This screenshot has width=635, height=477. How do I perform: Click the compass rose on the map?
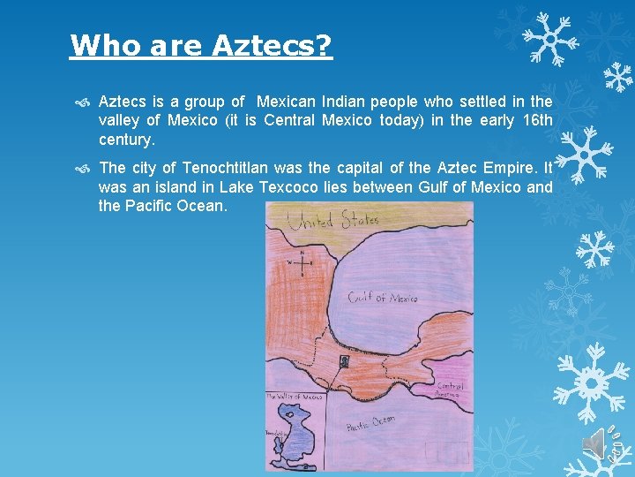click(302, 263)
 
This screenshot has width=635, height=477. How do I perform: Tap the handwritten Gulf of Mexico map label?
click(382, 298)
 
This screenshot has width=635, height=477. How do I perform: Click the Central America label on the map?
click(450, 390)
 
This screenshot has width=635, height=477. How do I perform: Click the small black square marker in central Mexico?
click(345, 361)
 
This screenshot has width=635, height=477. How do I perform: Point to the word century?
click(126, 140)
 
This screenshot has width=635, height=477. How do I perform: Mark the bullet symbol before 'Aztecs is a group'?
click(82, 102)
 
